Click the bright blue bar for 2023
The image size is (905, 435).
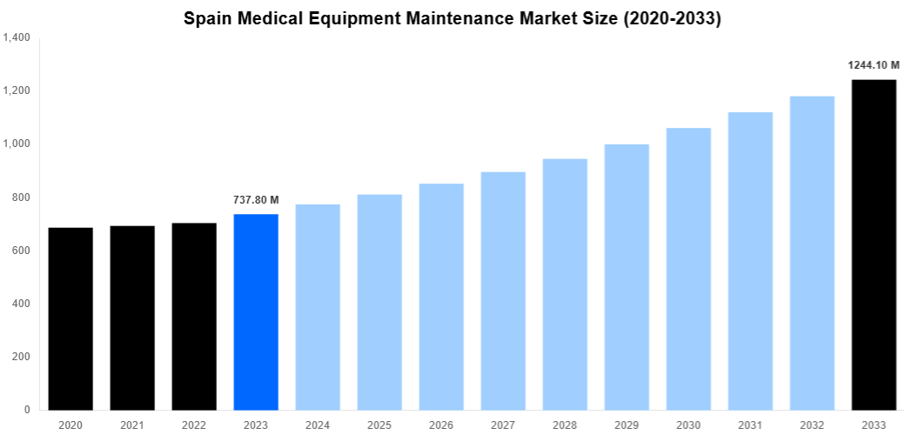(256, 311)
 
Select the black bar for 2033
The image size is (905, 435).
(874, 244)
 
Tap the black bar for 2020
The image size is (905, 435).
(70, 318)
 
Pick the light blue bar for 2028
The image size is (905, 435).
(565, 284)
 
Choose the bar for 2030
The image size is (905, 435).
(688, 269)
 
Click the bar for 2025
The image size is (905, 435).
(379, 302)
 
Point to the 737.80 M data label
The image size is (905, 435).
(256, 200)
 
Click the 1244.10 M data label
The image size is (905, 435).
(874, 65)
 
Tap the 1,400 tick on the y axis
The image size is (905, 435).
(17, 38)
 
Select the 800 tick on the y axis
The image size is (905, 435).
(21, 197)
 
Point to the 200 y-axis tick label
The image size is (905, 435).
(21, 357)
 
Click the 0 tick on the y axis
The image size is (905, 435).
(27, 410)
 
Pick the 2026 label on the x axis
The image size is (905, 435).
(441, 425)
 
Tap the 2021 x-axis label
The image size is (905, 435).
(132, 425)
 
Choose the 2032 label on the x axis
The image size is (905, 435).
(812, 425)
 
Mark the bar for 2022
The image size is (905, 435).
(194, 316)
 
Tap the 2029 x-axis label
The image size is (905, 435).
(627, 425)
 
